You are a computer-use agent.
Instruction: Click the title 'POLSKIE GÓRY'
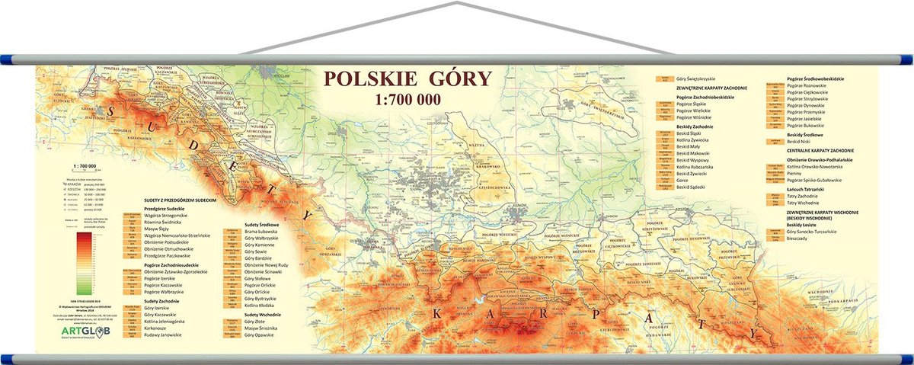(x=407, y=78)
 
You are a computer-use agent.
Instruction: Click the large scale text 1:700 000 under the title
(x=407, y=98)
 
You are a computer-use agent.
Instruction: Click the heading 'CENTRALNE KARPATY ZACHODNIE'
(x=820, y=151)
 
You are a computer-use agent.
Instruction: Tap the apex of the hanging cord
(x=456, y=4)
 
